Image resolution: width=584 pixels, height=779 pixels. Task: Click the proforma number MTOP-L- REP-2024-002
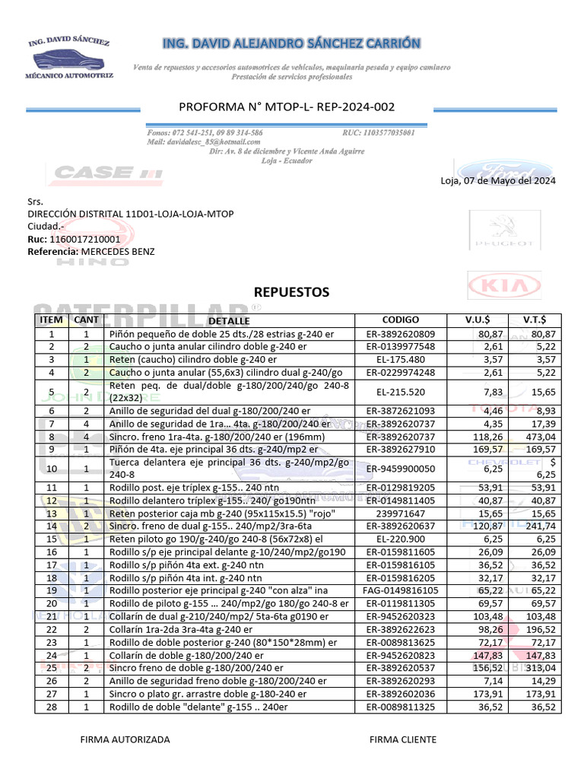point(287,107)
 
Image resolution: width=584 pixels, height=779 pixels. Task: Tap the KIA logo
point(503,287)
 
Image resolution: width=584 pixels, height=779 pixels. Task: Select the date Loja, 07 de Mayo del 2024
point(498,180)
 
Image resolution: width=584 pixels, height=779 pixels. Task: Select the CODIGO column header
point(401,320)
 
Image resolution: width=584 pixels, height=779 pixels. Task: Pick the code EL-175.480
point(401,359)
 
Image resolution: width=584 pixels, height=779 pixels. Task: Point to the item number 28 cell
point(52,707)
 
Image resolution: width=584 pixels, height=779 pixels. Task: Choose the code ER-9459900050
point(401,469)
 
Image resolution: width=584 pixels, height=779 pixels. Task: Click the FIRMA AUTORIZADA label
point(125,739)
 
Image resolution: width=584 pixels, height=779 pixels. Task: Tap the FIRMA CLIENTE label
point(403,739)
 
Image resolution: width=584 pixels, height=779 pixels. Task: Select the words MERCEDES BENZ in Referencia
point(118,250)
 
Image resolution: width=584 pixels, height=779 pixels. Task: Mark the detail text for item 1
point(221,333)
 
